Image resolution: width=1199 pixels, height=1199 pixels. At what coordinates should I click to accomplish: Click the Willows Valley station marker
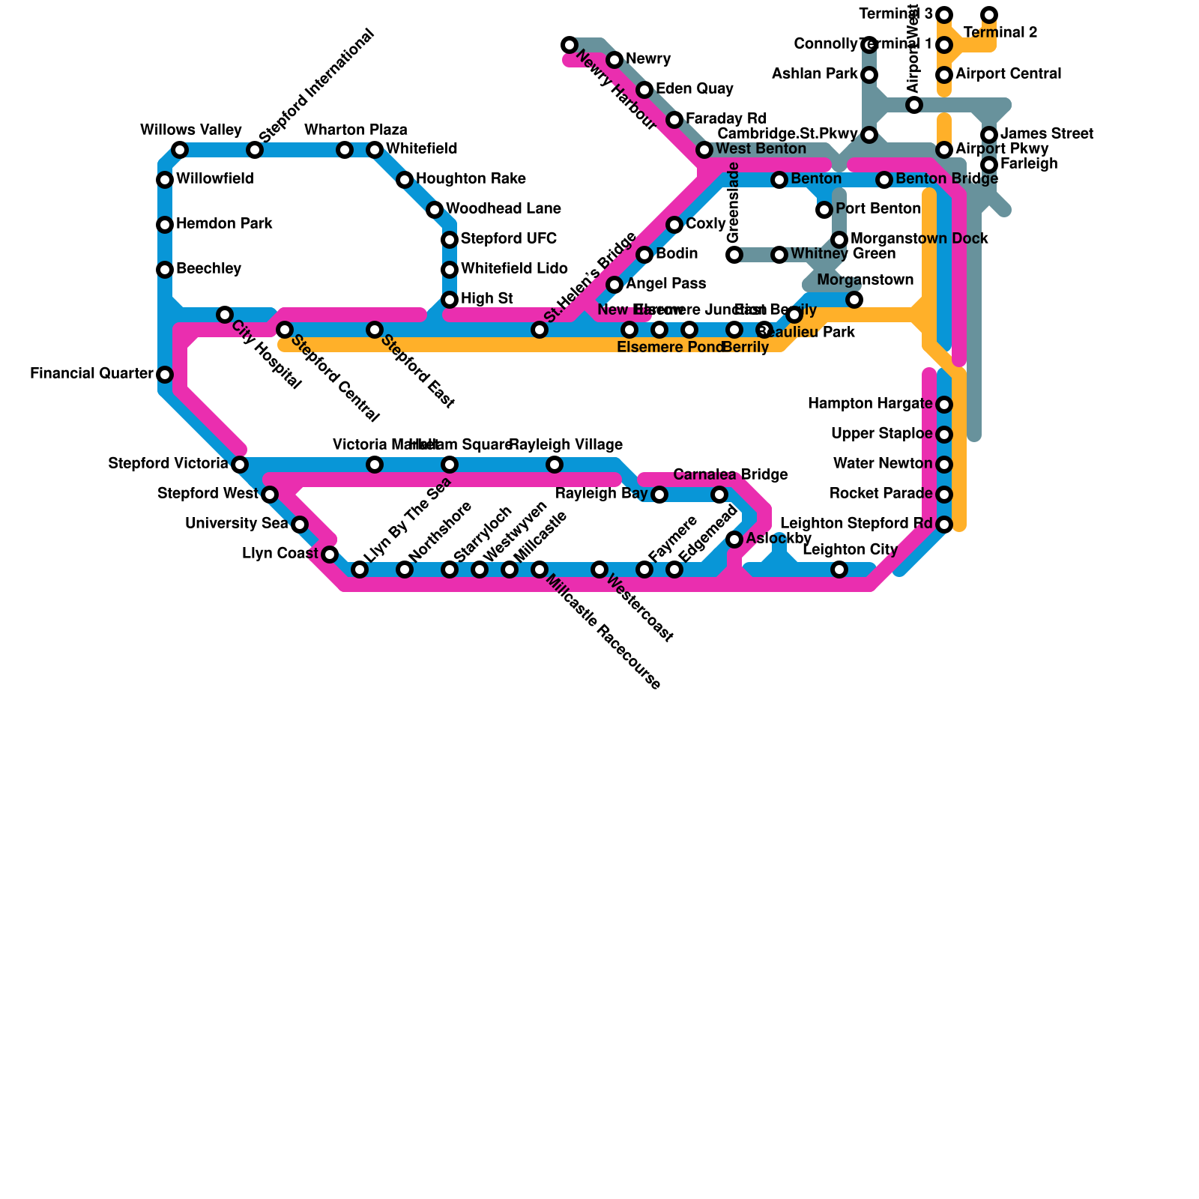coord(180,150)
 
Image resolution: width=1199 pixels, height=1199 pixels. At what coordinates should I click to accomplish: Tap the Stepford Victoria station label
coord(168,464)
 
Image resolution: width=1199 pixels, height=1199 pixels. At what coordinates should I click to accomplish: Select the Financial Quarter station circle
coord(165,374)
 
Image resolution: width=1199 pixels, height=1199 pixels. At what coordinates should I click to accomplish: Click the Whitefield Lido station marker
coord(450,269)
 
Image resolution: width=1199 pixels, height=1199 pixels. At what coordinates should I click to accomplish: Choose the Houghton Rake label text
coord(471,179)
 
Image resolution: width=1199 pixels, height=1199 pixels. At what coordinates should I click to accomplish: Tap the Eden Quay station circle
coord(644,90)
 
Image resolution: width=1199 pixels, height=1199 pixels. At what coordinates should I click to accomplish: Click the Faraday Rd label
coord(726,119)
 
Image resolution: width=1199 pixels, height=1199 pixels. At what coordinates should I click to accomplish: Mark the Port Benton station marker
coord(824,209)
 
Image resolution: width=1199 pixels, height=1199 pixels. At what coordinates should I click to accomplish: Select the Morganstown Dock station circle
coord(839,239)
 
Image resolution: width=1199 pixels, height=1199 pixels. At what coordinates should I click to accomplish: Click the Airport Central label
coord(1008,74)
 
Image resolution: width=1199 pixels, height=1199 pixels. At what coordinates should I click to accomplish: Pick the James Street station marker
coord(989,135)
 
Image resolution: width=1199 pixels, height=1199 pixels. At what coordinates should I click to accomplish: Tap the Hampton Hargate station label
coord(869,404)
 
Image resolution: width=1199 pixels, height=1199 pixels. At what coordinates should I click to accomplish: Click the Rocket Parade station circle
coord(944,494)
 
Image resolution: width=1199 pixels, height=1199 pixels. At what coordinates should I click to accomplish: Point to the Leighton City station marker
coord(839,570)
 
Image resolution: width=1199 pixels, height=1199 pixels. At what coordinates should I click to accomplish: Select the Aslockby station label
coord(779,539)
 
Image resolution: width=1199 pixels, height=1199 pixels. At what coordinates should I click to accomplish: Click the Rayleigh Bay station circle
coord(659,494)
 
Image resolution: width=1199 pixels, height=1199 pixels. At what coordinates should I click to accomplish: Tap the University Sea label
coord(236,524)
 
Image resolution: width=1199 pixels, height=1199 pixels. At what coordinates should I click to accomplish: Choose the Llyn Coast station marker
coord(330,554)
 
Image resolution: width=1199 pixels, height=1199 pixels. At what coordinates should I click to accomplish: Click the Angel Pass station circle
coord(614,284)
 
